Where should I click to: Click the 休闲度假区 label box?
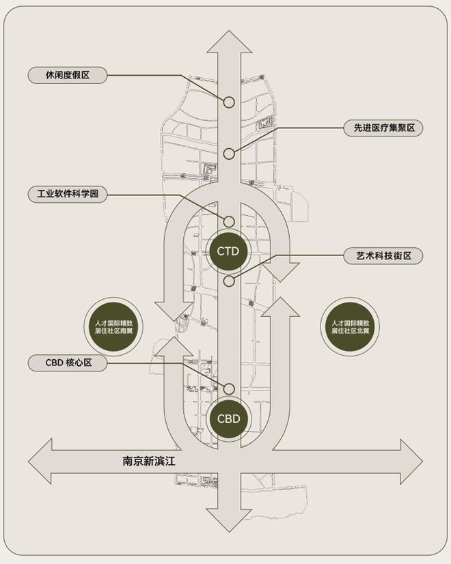pos(68,75)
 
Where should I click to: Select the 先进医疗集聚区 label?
pos(383,128)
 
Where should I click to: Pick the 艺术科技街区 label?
pos(383,255)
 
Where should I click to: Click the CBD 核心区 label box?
pos(68,363)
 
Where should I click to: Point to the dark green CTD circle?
pos(229,251)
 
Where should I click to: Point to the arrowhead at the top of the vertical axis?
pos(229,42)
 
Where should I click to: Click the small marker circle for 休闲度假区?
pos(229,102)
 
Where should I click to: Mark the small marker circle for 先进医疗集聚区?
pos(229,154)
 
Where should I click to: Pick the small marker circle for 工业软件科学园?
pos(229,221)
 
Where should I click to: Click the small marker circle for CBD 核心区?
pos(229,388)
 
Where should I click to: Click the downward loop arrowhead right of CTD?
pos(282,270)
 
